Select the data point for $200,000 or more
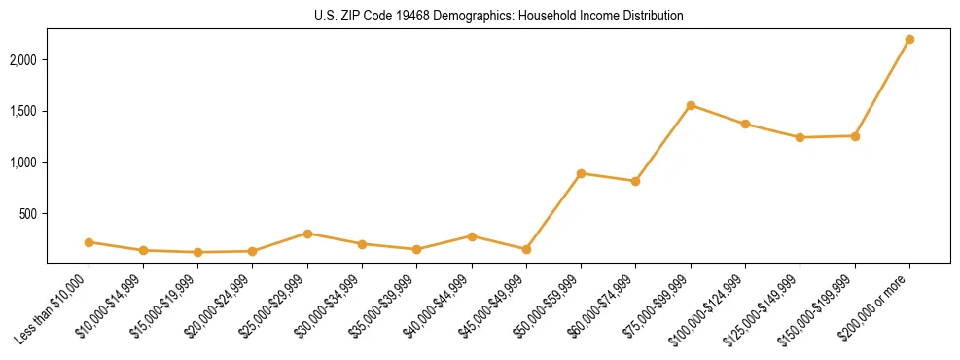tap(909, 40)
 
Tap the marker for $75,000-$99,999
tap(691, 105)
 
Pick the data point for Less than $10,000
tap(89, 242)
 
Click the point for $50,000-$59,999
tap(581, 173)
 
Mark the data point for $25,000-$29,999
tap(307, 234)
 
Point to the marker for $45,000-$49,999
tap(526, 249)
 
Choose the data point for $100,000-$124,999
tap(745, 124)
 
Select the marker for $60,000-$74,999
tap(635, 181)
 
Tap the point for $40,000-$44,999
tap(472, 236)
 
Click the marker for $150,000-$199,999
tap(855, 136)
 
